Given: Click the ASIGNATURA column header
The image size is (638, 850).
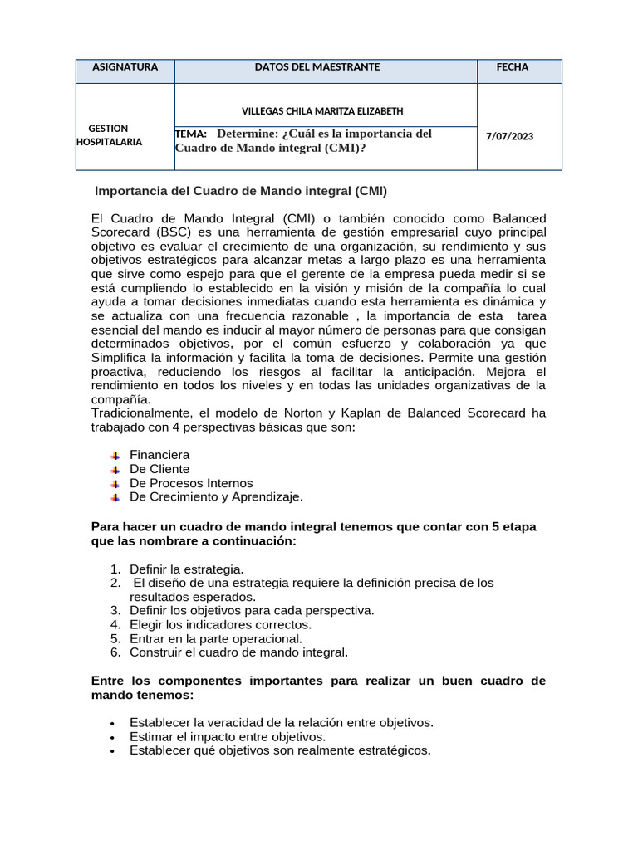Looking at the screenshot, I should point(125,67).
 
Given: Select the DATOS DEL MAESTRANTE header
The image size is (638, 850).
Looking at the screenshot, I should point(317,67).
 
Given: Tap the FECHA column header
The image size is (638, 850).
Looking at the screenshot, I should point(512,67).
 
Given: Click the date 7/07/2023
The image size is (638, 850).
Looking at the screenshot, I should point(510,136).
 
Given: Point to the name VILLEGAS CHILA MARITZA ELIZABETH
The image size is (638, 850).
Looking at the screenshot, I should point(323,110).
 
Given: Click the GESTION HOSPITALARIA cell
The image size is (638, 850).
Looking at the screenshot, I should point(109,134).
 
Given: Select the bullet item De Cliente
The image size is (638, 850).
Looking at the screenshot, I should point(159,469).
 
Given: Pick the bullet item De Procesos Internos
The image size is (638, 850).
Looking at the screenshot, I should point(191,483).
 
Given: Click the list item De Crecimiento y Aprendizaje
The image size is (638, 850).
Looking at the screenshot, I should point(216,496).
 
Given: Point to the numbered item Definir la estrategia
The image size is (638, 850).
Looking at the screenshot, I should point(187,569).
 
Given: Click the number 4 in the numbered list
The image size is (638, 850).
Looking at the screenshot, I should point(115,624).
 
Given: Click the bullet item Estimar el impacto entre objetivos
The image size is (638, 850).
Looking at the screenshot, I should point(228,736).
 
